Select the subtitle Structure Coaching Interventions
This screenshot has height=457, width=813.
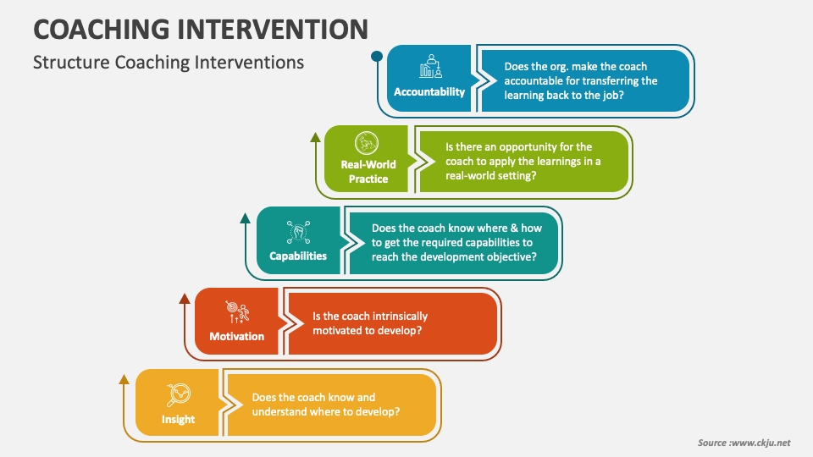[168, 63]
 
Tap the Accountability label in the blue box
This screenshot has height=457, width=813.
[429, 91]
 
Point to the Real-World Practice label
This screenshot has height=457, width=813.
[368, 172]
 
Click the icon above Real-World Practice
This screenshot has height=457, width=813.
[368, 143]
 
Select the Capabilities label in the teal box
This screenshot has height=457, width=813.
[298, 256]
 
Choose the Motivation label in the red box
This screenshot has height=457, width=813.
[237, 336]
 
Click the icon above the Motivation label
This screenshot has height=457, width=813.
[237, 312]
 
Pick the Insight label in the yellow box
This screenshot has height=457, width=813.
[178, 419]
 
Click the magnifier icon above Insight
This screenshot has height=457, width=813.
[179, 394]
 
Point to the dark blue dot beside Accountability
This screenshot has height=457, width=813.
[377, 57]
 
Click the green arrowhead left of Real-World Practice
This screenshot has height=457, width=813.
[316, 136]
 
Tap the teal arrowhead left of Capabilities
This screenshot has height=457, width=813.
[246, 217]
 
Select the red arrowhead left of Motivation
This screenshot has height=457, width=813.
[185, 298]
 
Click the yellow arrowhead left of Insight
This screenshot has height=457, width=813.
[124, 378]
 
